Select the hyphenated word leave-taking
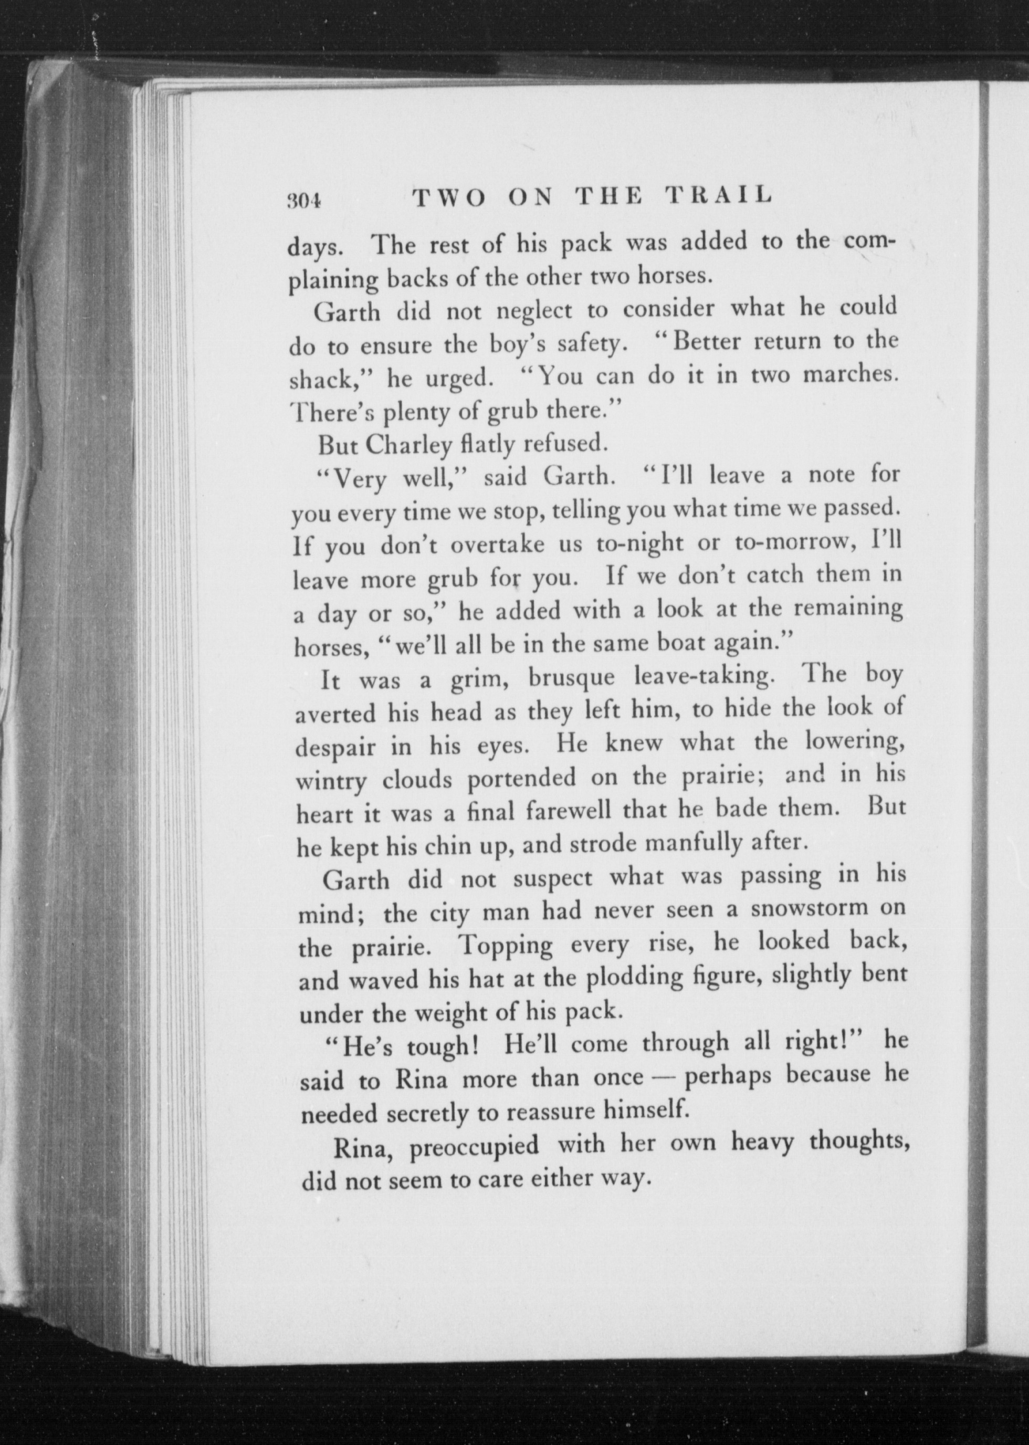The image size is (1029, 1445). (x=702, y=676)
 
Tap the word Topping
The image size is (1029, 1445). (x=506, y=946)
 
